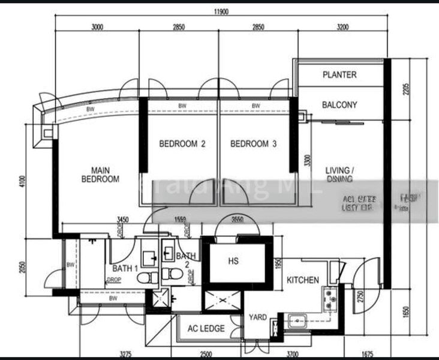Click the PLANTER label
[x=339, y=75]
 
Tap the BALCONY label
[x=339, y=105]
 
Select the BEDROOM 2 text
[x=182, y=144]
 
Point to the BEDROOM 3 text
[x=254, y=144]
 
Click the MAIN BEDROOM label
[x=100, y=175]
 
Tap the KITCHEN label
[x=302, y=280]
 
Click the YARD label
[x=258, y=317]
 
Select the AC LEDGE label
[x=206, y=328]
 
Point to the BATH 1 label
[x=125, y=268]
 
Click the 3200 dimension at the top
[x=342, y=27]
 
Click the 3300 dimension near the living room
[x=307, y=160]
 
